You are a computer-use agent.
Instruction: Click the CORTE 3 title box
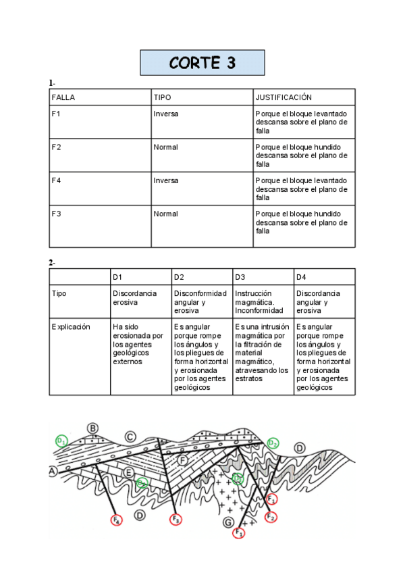[x=202, y=63]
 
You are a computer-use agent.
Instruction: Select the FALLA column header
[x=63, y=97]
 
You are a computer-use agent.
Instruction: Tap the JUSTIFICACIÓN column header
[x=283, y=97]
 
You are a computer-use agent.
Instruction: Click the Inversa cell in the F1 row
[x=166, y=114]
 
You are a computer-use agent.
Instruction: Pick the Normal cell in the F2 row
[x=165, y=147]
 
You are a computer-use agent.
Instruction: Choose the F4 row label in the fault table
[x=57, y=180]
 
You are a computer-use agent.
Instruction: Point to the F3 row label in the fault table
[x=57, y=214]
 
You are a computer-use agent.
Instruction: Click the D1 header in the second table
[x=117, y=276]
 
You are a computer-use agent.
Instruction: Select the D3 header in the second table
[x=240, y=276]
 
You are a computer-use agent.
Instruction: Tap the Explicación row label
[x=71, y=326]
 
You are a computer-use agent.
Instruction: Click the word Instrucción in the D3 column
[x=253, y=293]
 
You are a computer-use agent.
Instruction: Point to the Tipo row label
[x=59, y=293]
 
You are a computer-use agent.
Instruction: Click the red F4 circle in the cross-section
[x=116, y=520]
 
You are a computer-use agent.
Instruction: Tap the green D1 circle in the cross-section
[x=62, y=441]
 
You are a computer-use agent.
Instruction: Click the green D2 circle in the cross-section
[x=273, y=443]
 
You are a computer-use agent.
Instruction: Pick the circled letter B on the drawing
[x=93, y=428]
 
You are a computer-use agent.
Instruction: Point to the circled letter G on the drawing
[x=228, y=523]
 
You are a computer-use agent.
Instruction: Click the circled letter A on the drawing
[x=52, y=471]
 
